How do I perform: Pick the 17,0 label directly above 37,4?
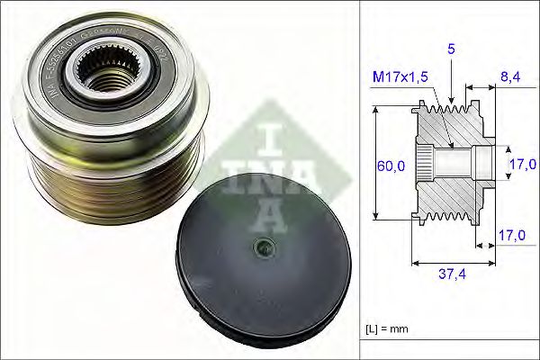[511, 236]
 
